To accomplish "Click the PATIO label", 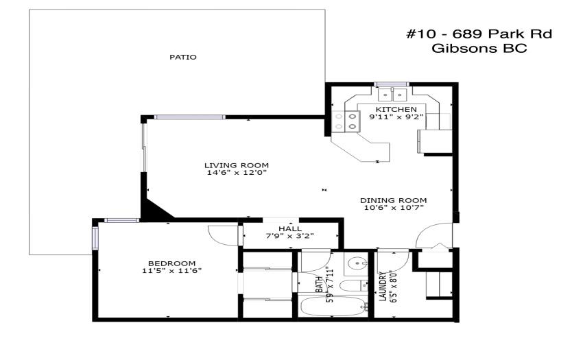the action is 183,58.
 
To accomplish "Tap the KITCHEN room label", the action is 396,109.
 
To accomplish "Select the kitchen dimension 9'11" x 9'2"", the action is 396,117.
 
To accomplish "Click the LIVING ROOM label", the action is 237,165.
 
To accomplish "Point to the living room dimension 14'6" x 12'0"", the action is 237,173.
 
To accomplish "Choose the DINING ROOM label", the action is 394,200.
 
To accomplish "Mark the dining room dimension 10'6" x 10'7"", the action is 394,208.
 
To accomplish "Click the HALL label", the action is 290,229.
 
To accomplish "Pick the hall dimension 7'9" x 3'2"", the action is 290,236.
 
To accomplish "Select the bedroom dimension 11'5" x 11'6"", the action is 171,271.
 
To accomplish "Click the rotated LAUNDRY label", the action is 383,287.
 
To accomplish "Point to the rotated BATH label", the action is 319,284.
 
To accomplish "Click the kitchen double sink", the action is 392,95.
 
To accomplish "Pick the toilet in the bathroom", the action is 354,286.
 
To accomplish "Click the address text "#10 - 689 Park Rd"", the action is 479,34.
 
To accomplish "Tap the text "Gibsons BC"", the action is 479,49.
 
